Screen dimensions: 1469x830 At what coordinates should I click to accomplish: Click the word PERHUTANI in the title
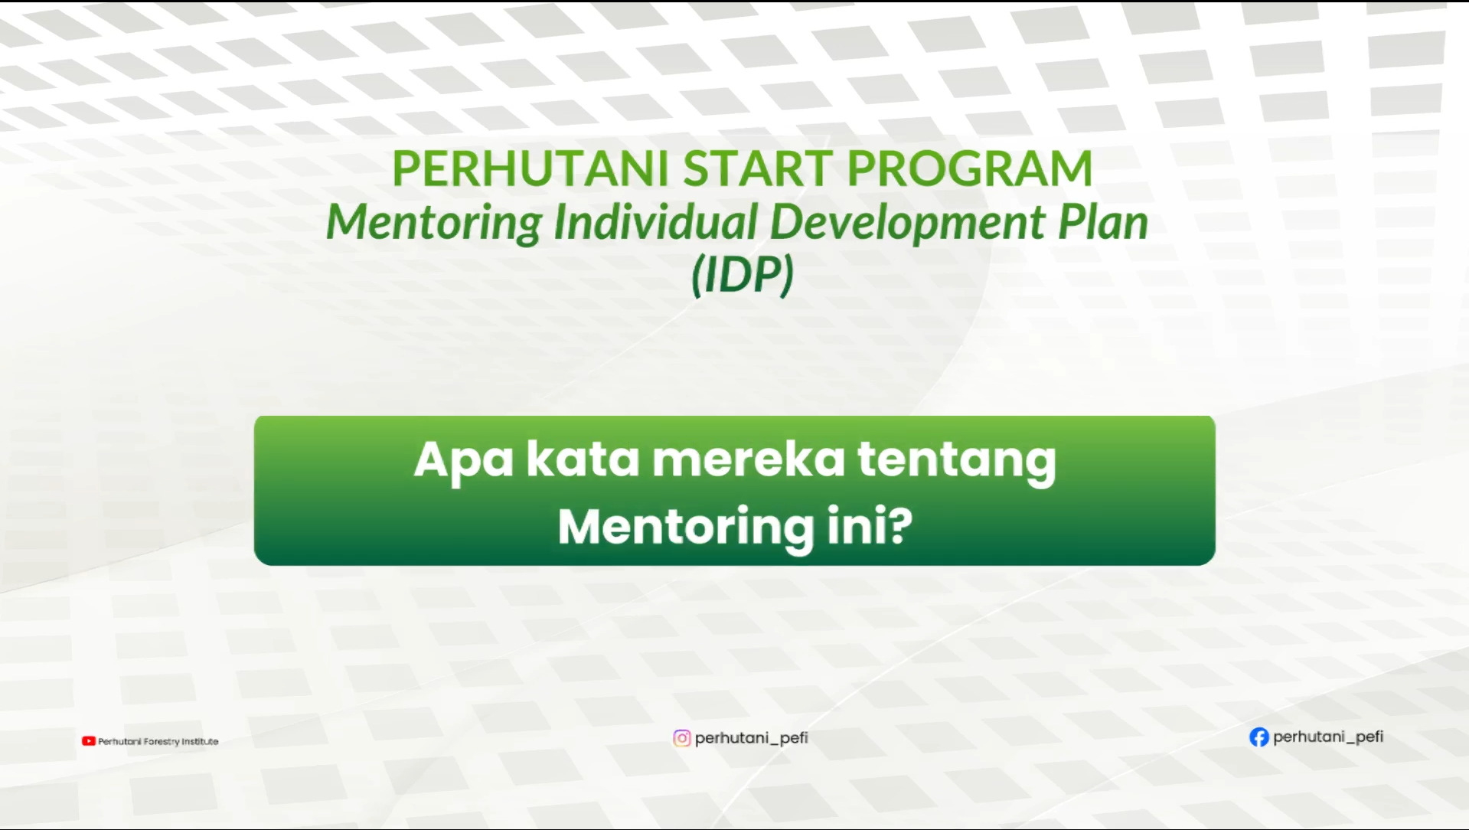click(x=530, y=168)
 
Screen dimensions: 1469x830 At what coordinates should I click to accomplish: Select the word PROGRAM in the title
click(x=970, y=168)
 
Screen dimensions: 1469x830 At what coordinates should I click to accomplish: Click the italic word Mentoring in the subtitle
click(x=434, y=223)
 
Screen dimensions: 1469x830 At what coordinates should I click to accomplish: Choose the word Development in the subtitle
click(x=908, y=223)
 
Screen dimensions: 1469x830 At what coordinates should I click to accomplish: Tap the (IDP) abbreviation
click(x=743, y=275)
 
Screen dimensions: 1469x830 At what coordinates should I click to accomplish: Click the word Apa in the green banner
click(x=463, y=461)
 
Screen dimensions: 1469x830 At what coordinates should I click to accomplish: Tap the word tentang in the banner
click(x=956, y=462)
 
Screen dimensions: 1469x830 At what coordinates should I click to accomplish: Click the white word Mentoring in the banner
click(x=686, y=528)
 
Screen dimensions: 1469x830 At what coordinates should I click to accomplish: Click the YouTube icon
click(x=89, y=741)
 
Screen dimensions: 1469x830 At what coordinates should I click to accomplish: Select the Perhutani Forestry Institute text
click(x=158, y=741)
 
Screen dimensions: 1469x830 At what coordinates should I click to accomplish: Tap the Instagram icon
click(x=681, y=738)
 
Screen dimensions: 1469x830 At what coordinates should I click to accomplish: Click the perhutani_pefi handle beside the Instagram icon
click(x=752, y=738)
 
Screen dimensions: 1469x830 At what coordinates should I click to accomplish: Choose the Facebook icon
click(x=1258, y=737)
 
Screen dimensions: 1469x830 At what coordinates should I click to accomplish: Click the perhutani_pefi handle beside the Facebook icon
click(x=1328, y=737)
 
